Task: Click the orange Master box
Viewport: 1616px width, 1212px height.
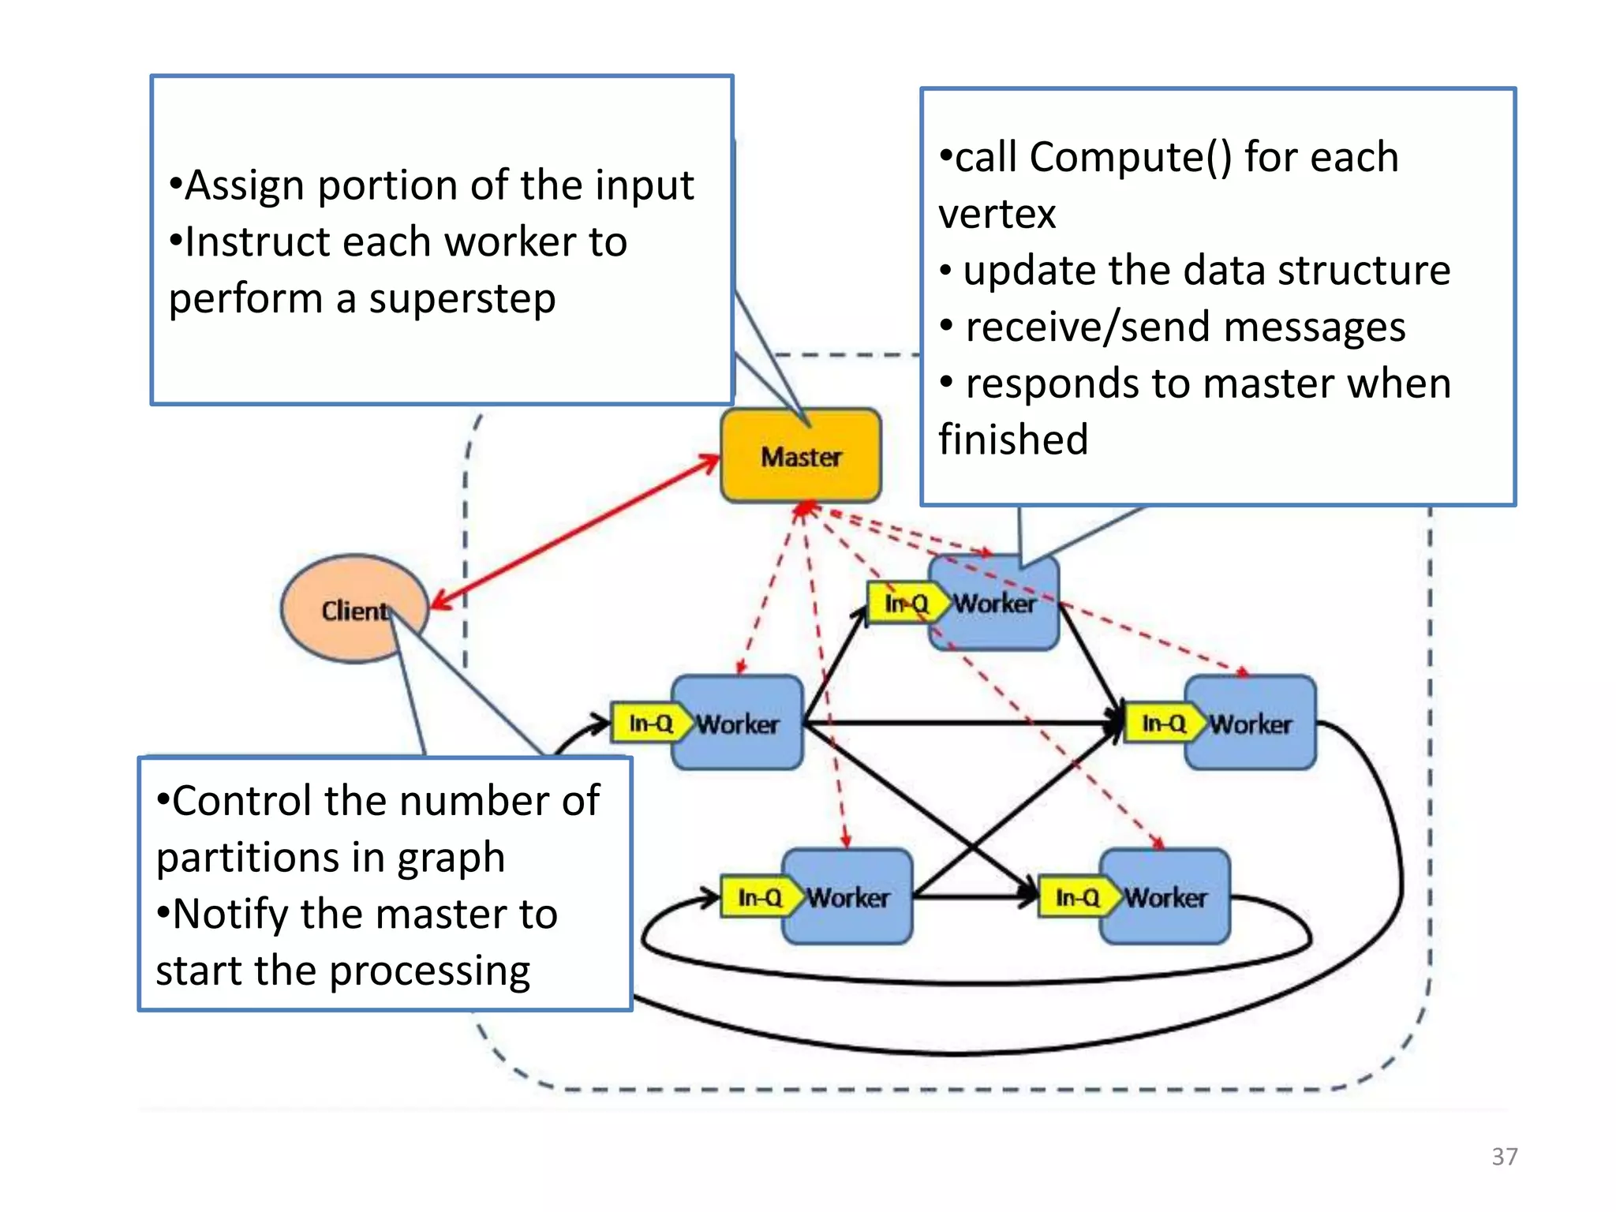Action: [x=800, y=456]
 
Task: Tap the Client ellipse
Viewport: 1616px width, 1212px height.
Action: [x=347, y=609]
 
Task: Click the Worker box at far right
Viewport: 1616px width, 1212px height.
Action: [x=1251, y=724]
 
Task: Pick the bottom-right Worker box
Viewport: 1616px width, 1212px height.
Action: [x=1165, y=897]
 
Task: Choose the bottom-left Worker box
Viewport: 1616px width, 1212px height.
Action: [x=848, y=897]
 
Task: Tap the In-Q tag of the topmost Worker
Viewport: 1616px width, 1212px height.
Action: [x=904, y=604]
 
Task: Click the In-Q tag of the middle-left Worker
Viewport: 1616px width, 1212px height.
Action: [x=649, y=723]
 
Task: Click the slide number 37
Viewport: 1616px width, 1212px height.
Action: [x=1504, y=1156]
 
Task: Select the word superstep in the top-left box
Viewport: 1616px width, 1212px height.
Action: [x=462, y=299]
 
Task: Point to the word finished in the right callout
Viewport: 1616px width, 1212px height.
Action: [x=1013, y=440]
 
